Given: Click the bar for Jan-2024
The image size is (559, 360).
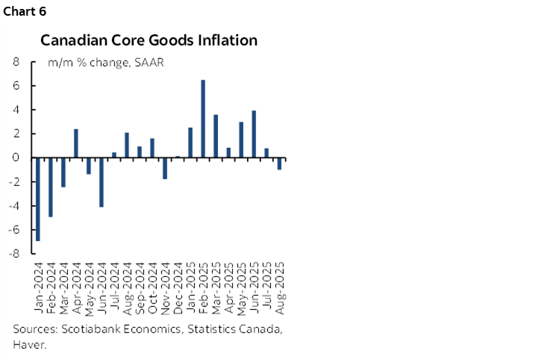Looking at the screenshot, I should click(x=37, y=199).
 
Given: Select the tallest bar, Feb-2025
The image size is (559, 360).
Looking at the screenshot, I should click(x=203, y=119).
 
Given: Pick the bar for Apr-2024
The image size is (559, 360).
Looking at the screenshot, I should click(x=75, y=143).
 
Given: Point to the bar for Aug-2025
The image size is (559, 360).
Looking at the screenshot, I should click(x=279, y=164).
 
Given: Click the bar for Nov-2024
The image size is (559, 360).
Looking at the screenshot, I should click(x=164, y=168).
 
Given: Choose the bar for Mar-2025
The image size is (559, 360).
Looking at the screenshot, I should click(x=216, y=136).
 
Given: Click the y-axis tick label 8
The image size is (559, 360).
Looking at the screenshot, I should click(x=15, y=62).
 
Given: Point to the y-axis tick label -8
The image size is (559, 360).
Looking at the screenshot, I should click(x=13, y=253).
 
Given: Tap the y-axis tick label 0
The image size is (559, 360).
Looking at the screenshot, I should click(x=15, y=158).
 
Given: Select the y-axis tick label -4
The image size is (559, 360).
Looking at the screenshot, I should click(x=13, y=205).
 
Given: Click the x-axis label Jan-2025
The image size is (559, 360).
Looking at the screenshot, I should click(x=190, y=281).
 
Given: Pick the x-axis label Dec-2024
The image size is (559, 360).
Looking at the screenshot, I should click(x=178, y=281).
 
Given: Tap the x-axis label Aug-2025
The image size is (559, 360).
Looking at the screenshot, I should click(x=279, y=281).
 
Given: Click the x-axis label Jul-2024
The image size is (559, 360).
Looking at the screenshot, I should click(x=114, y=281).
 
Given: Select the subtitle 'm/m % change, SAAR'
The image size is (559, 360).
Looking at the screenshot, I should click(x=105, y=63).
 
